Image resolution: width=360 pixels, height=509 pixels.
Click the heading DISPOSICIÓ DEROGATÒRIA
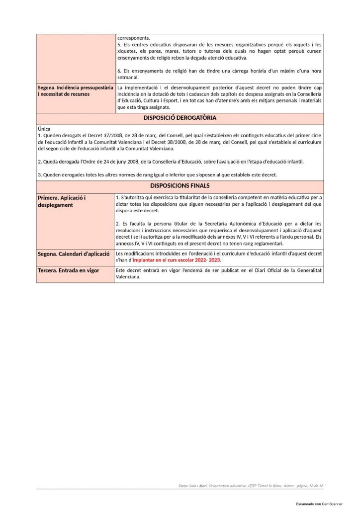tap(180, 118)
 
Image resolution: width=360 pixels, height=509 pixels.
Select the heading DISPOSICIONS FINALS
tap(180, 186)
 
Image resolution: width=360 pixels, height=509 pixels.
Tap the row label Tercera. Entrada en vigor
tap(69, 270)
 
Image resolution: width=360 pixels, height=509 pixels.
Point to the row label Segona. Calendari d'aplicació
tap(74, 254)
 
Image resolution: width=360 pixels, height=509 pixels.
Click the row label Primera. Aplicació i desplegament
tap(62, 201)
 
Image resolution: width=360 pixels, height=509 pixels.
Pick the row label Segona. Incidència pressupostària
tap(75, 87)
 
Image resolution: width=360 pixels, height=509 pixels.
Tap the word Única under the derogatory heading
tap(44, 129)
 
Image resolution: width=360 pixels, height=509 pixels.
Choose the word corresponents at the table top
tap(133, 38)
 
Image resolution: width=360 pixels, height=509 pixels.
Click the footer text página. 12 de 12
tap(309, 485)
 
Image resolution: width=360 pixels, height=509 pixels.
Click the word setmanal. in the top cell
tap(128, 77)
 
